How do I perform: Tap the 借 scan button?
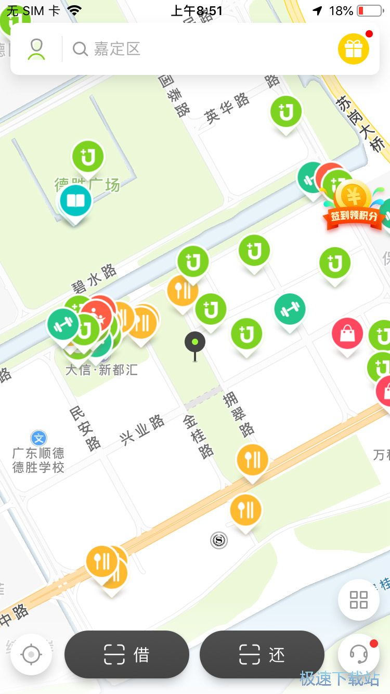(x=126, y=654)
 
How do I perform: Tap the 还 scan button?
(x=262, y=654)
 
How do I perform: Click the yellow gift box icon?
(x=354, y=49)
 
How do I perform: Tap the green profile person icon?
(x=36, y=49)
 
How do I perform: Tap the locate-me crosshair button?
(x=31, y=654)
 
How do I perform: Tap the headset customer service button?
(x=358, y=654)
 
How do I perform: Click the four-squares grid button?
(x=358, y=600)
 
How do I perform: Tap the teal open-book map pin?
(x=75, y=201)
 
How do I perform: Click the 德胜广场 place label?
(x=87, y=184)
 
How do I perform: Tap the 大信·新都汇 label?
(x=102, y=370)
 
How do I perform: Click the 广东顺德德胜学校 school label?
(x=38, y=460)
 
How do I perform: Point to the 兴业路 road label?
(x=142, y=431)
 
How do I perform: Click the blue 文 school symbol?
(x=38, y=438)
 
